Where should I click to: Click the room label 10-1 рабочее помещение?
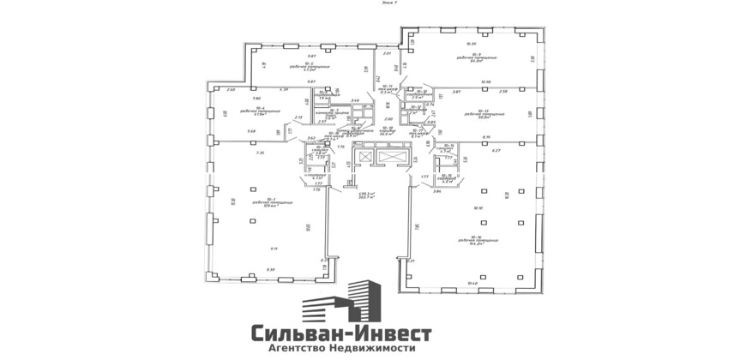tap(273, 202)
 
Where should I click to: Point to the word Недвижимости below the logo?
tap(381, 349)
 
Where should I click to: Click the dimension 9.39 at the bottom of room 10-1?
tap(271, 270)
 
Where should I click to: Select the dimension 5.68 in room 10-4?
tap(251, 131)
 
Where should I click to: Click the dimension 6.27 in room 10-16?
tap(495, 151)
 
